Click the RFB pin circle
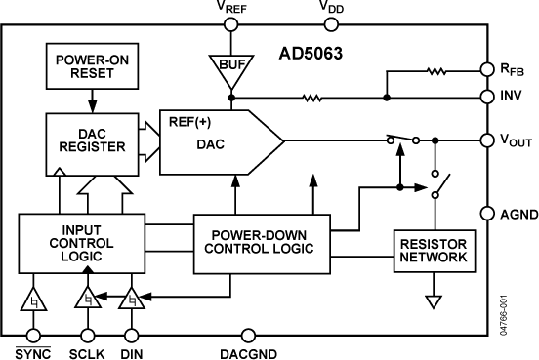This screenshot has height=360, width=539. click(x=489, y=70)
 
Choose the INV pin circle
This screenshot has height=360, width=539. click(x=489, y=97)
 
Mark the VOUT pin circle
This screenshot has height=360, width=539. click(x=489, y=140)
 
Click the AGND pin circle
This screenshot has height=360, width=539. click(x=489, y=213)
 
